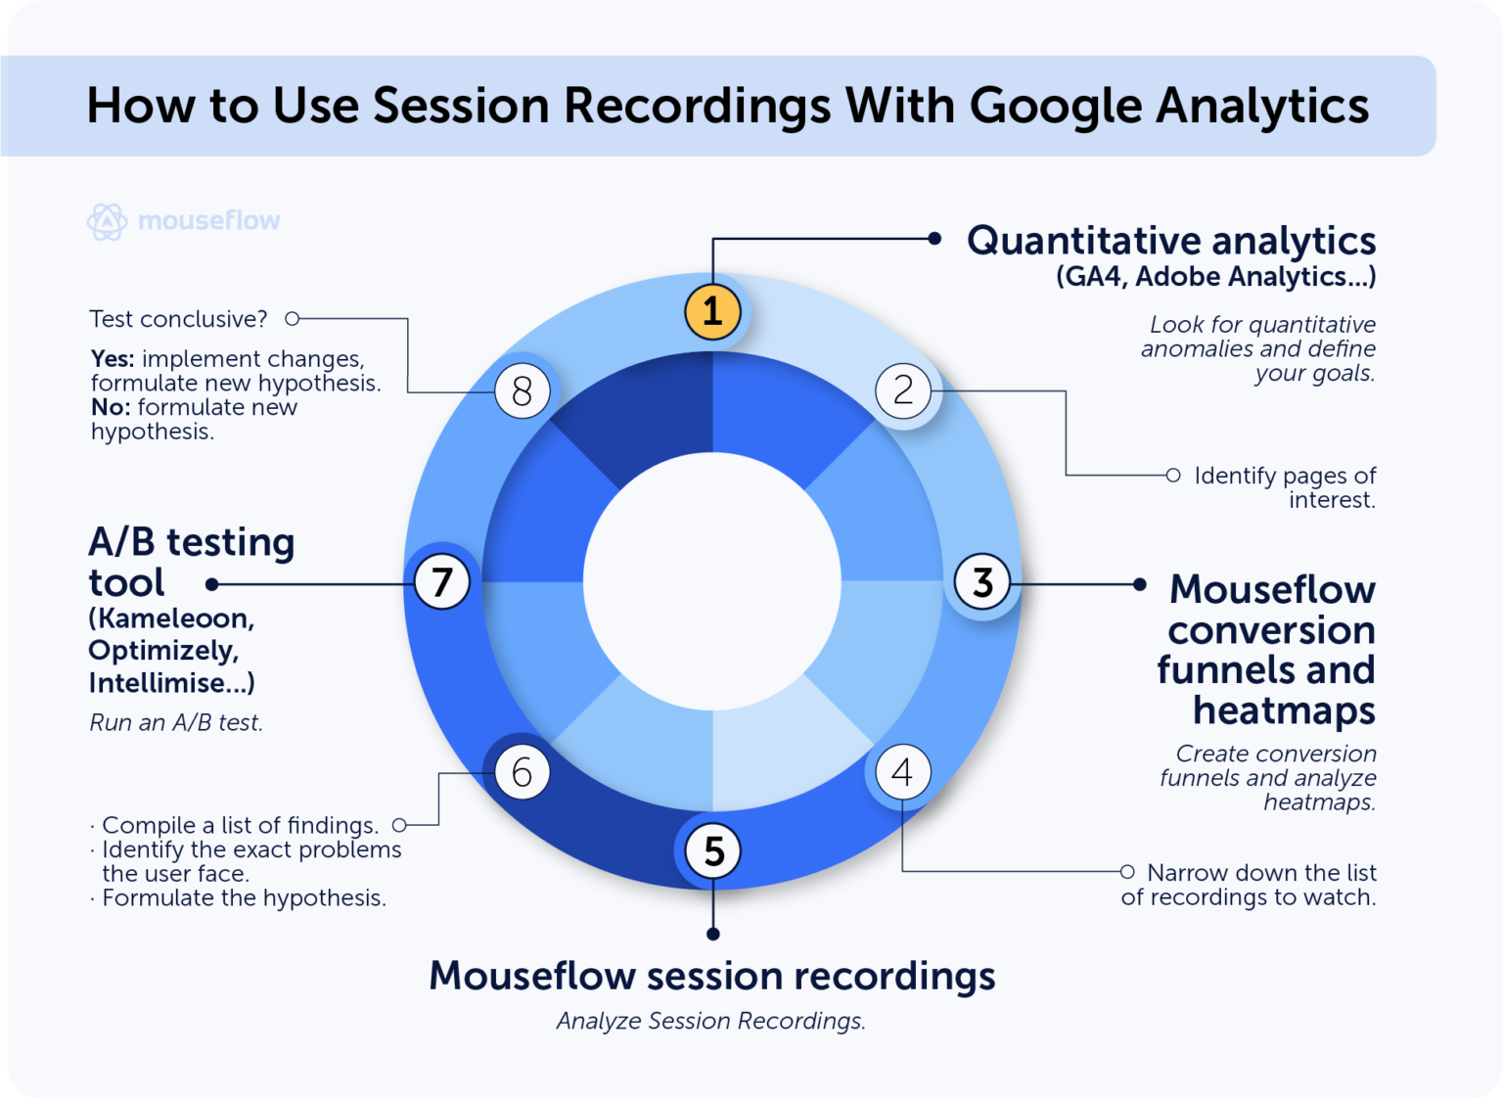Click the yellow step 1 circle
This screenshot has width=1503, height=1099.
pyautogui.click(x=712, y=311)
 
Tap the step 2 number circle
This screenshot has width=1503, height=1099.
pyautogui.click(x=902, y=390)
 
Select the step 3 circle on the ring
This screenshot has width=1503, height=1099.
pyautogui.click(x=982, y=582)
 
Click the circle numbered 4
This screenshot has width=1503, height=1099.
pyautogui.click(x=902, y=772)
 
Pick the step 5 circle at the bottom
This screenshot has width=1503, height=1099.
pyautogui.click(x=713, y=850)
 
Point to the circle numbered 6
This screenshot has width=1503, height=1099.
pyautogui.click(x=522, y=772)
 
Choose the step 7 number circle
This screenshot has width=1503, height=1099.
pyautogui.click(x=442, y=582)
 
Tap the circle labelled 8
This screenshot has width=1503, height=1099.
pyautogui.click(x=522, y=391)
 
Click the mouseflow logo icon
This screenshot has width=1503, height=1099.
pyautogui.click(x=107, y=221)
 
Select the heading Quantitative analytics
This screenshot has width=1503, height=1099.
pyautogui.click(x=1170, y=241)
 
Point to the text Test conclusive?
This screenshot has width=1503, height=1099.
pyautogui.click(x=178, y=319)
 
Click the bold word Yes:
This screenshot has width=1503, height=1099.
pyautogui.click(x=113, y=359)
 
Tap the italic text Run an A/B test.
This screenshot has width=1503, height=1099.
pyautogui.click(x=176, y=723)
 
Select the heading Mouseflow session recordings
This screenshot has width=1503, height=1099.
pyautogui.click(x=711, y=976)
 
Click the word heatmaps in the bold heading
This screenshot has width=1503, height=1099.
pyautogui.click(x=1283, y=710)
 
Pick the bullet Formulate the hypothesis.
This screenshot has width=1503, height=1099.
pyautogui.click(x=244, y=898)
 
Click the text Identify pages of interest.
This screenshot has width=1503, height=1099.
pyautogui.click(x=1284, y=487)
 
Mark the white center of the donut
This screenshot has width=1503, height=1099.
pyautogui.click(x=712, y=581)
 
